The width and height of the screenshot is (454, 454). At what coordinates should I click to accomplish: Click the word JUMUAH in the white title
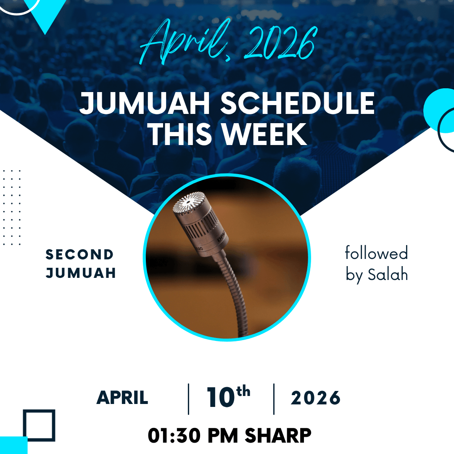coord(145,103)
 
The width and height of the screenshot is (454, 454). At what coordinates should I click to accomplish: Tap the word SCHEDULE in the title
coord(298,103)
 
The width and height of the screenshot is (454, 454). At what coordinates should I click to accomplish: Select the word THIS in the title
coord(180,134)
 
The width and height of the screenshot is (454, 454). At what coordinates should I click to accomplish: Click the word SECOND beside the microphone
coord(79,254)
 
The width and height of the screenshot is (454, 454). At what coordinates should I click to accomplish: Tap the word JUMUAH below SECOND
coord(81,273)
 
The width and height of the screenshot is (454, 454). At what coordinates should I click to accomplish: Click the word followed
coord(376,253)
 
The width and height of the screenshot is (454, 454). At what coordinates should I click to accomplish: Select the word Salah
coord(388,274)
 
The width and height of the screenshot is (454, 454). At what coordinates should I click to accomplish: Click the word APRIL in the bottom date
coord(122,398)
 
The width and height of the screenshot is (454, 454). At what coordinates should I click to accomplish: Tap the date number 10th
coord(228,396)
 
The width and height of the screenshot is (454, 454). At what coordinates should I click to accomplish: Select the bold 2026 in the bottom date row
coord(316,398)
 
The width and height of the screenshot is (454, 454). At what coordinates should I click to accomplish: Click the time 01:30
coord(174,436)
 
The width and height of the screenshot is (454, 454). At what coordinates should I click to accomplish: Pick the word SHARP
coord(278,436)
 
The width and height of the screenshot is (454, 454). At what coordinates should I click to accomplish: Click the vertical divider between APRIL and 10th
coord(188,399)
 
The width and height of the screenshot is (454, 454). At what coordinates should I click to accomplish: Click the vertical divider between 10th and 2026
coord(274,399)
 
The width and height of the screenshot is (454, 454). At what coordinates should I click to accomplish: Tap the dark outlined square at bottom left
coord(24,425)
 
